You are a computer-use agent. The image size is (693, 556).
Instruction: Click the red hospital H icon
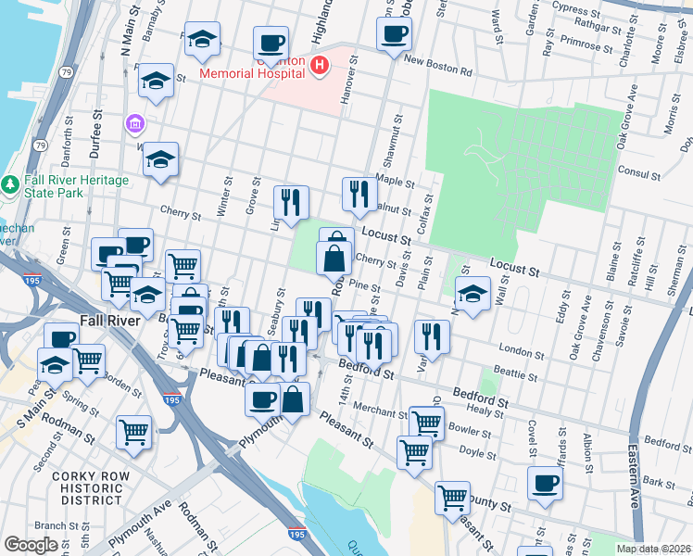click(x=320, y=65)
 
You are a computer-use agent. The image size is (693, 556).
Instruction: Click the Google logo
click(x=31, y=545)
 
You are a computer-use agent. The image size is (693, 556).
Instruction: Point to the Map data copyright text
click(x=652, y=549)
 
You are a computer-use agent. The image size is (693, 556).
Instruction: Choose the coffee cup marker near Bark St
click(x=545, y=482)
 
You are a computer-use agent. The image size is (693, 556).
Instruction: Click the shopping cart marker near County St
click(x=452, y=496)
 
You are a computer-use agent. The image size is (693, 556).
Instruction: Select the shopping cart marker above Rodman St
click(x=134, y=432)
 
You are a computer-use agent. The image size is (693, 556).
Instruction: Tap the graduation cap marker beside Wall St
click(x=472, y=295)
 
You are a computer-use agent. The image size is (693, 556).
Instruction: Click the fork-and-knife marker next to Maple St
click(x=359, y=194)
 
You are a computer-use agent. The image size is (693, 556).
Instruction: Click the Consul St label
click(x=639, y=173)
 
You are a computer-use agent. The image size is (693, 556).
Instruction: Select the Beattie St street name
click(x=514, y=374)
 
